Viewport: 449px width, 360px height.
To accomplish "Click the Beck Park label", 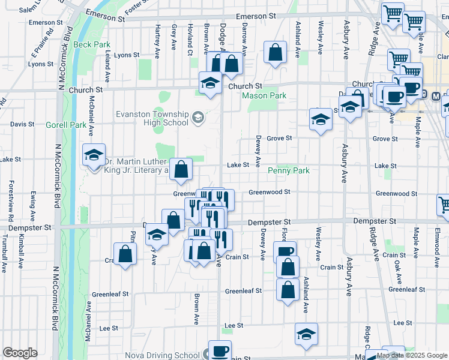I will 91,44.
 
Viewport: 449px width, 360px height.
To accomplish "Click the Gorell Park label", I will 65,125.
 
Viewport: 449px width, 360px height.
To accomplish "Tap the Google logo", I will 20,353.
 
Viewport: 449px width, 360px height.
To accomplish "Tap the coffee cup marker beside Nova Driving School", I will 219,351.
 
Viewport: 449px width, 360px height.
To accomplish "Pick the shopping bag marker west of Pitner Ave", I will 125,254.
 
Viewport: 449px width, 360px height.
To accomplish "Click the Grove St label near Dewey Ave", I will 279,138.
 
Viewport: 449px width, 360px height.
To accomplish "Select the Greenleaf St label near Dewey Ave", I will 243,291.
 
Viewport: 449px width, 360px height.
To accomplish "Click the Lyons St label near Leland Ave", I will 127,55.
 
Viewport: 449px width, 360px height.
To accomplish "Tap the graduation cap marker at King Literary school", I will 94,155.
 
